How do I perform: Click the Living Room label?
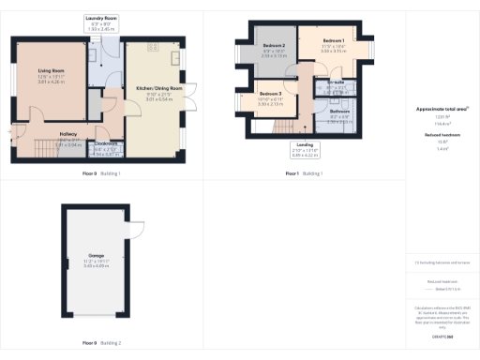click(x=50, y=69)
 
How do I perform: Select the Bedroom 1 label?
click(x=335, y=42)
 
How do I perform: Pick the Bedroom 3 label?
click(x=271, y=94)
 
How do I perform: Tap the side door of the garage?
click(x=137, y=232)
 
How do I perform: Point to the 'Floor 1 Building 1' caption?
click(x=303, y=173)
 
